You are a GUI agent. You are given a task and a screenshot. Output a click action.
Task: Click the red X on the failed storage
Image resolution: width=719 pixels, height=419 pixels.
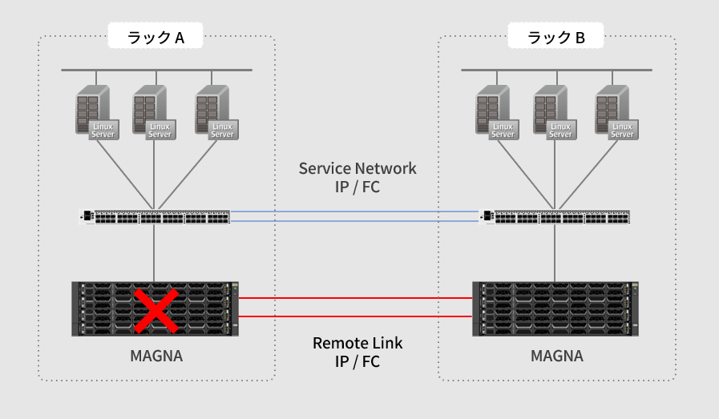click(x=156, y=309)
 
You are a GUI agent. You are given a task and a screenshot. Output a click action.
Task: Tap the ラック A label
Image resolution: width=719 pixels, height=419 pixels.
click(x=156, y=37)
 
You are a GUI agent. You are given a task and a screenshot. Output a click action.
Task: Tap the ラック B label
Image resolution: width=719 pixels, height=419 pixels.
click(x=555, y=37)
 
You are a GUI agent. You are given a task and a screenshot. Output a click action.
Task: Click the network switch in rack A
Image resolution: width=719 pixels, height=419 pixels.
click(x=155, y=216)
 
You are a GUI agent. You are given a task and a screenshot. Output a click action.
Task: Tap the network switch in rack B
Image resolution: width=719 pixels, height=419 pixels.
click(x=555, y=216)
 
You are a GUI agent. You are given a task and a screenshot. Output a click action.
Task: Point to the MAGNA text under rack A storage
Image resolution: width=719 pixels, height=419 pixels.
click(x=156, y=355)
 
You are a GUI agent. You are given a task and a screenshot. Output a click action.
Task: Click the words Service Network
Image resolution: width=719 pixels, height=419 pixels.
click(x=357, y=168)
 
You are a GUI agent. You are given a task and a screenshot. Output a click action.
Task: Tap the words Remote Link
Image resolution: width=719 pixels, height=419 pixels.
click(x=357, y=343)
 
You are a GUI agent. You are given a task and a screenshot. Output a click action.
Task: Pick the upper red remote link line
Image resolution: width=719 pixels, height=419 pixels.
click(x=355, y=298)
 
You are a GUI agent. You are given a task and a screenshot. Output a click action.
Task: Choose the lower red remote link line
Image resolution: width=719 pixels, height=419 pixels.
click(x=355, y=316)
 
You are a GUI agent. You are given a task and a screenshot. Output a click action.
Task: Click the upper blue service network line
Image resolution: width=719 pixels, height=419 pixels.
click(x=355, y=212)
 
